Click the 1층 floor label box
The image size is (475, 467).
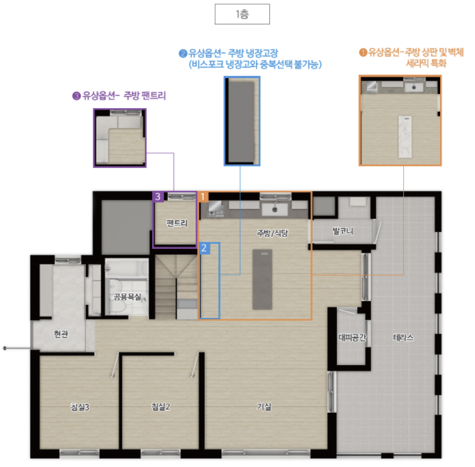(x=242, y=14)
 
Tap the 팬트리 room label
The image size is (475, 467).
(x=177, y=223)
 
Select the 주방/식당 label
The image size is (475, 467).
(x=273, y=233)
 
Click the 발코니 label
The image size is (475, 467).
(x=343, y=231)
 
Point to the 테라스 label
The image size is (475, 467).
(x=403, y=337)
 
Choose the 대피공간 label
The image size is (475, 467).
(x=352, y=337)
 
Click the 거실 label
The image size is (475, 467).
(x=264, y=406)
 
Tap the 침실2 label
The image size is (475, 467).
(x=160, y=406)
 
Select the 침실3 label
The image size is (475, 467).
(x=80, y=407)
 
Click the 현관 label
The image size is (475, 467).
(x=61, y=334)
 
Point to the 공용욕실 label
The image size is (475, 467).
(x=128, y=297)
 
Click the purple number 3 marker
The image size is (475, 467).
(x=158, y=197)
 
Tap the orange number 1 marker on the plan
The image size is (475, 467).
(x=203, y=197)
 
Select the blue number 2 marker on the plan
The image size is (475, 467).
(x=204, y=248)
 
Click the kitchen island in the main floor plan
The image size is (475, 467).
(x=262, y=280)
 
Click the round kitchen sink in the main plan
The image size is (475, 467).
(x=275, y=209)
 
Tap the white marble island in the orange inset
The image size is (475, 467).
(x=405, y=137)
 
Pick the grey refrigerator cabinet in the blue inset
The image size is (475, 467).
(x=241, y=121)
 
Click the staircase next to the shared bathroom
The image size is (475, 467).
(x=176, y=286)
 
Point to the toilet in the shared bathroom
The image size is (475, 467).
(x=117, y=297)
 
